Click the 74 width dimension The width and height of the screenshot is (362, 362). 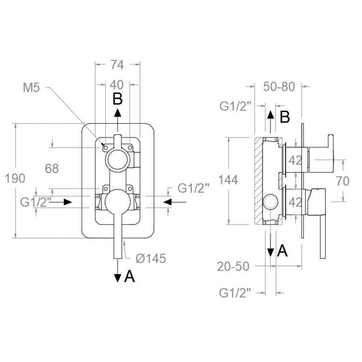click(117, 65)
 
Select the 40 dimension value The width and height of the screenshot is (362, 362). click(117, 85)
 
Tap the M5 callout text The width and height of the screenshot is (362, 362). click(32, 88)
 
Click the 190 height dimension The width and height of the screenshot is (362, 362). click(15, 179)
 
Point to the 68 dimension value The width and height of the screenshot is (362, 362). click(52, 169)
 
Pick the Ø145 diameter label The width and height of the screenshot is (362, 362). click(151, 258)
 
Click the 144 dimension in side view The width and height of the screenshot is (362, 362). click(228, 180)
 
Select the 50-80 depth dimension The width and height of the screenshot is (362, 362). click(279, 87)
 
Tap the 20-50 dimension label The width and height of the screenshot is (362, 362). click(233, 266)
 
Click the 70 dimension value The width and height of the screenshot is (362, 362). click(343, 181)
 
